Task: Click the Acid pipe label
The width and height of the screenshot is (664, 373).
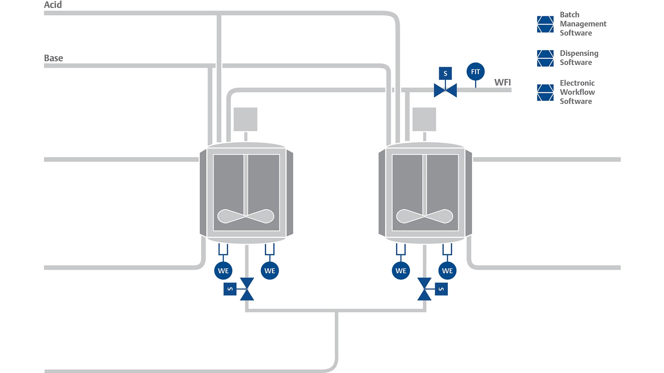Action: point(53,5)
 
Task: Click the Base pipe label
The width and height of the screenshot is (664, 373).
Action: point(53,58)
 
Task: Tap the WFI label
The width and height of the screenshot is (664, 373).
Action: point(502,82)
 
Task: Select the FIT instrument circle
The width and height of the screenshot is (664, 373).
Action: point(475,71)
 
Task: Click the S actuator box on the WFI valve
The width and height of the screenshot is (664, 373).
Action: point(445,73)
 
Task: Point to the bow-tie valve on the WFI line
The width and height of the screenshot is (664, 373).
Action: point(445,90)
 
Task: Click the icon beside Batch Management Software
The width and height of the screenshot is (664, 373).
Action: point(545,24)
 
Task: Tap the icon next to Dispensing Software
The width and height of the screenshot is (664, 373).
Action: point(545,58)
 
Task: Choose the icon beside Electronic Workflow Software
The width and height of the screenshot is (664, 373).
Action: point(545,92)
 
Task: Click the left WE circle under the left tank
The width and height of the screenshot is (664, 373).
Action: point(223,271)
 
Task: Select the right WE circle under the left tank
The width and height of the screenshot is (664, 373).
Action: point(270,271)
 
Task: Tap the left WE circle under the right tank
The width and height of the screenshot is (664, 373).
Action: point(401,271)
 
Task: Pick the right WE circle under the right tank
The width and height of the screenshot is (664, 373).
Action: point(447,271)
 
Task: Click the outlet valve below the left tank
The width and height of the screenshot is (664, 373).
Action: point(247,289)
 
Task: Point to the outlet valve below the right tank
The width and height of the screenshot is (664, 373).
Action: point(424,289)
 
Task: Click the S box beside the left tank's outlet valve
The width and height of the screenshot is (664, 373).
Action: point(230,289)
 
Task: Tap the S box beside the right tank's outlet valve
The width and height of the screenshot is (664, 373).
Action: point(441,289)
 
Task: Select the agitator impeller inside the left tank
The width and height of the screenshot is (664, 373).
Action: point(246,216)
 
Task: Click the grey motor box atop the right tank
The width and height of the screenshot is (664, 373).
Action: point(424,119)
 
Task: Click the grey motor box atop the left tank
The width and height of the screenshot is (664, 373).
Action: point(245,119)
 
